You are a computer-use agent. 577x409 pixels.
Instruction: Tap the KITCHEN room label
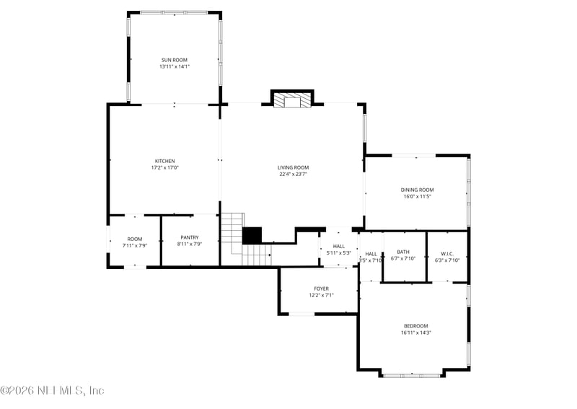coord(164,161)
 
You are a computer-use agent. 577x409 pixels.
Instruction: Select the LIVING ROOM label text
coord(294,167)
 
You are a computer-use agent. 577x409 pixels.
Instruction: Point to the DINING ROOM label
coord(417,190)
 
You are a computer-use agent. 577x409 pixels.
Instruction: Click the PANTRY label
coord(190,237)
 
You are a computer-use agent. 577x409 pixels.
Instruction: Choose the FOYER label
coord(321,289)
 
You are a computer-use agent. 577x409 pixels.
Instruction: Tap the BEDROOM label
coord(415,326)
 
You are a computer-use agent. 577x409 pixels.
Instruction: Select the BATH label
coord(403,251)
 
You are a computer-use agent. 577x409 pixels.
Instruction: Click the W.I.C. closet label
coord(446,253)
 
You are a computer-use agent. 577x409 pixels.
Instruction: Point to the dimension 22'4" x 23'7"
coord(294,174)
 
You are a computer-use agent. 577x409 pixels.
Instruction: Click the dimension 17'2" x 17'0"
coord(164,167)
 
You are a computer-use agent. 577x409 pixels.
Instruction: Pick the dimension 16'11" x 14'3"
coord(415,333)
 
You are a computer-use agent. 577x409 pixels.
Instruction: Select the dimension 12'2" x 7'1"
coord(321,295)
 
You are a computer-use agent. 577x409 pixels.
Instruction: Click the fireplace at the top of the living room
coord(293,99)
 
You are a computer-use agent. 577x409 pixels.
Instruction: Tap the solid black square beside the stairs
coord(252,236)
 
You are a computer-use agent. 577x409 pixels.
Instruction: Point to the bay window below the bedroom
coord(412,375)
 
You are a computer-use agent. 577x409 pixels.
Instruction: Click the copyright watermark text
coord(53,390)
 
